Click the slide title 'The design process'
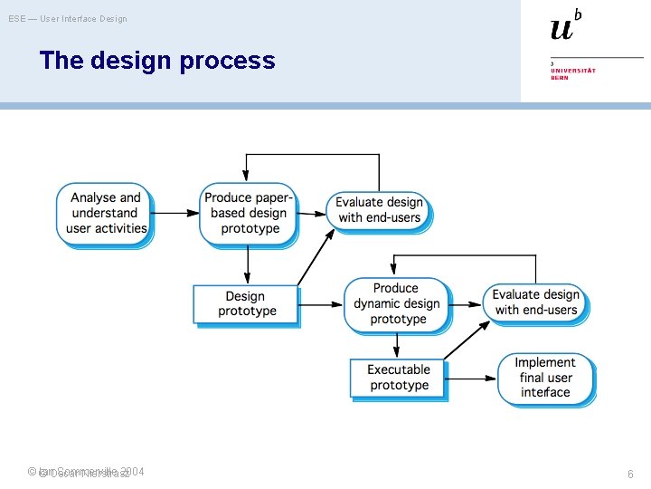(156, 61)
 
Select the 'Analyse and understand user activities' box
(106, 213)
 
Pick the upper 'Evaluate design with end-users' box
(380, 210)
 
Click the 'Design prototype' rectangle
(246, 304)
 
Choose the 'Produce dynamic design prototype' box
(396, 303)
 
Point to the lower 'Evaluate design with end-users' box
(535, 302)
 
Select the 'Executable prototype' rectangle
(398, 378)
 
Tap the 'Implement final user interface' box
(545, 378)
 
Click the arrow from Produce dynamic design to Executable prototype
(396, 345)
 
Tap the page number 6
(630, 474)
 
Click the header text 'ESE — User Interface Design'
(68, 18)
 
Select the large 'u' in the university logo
(561, 28)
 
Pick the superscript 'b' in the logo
(578, 14)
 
